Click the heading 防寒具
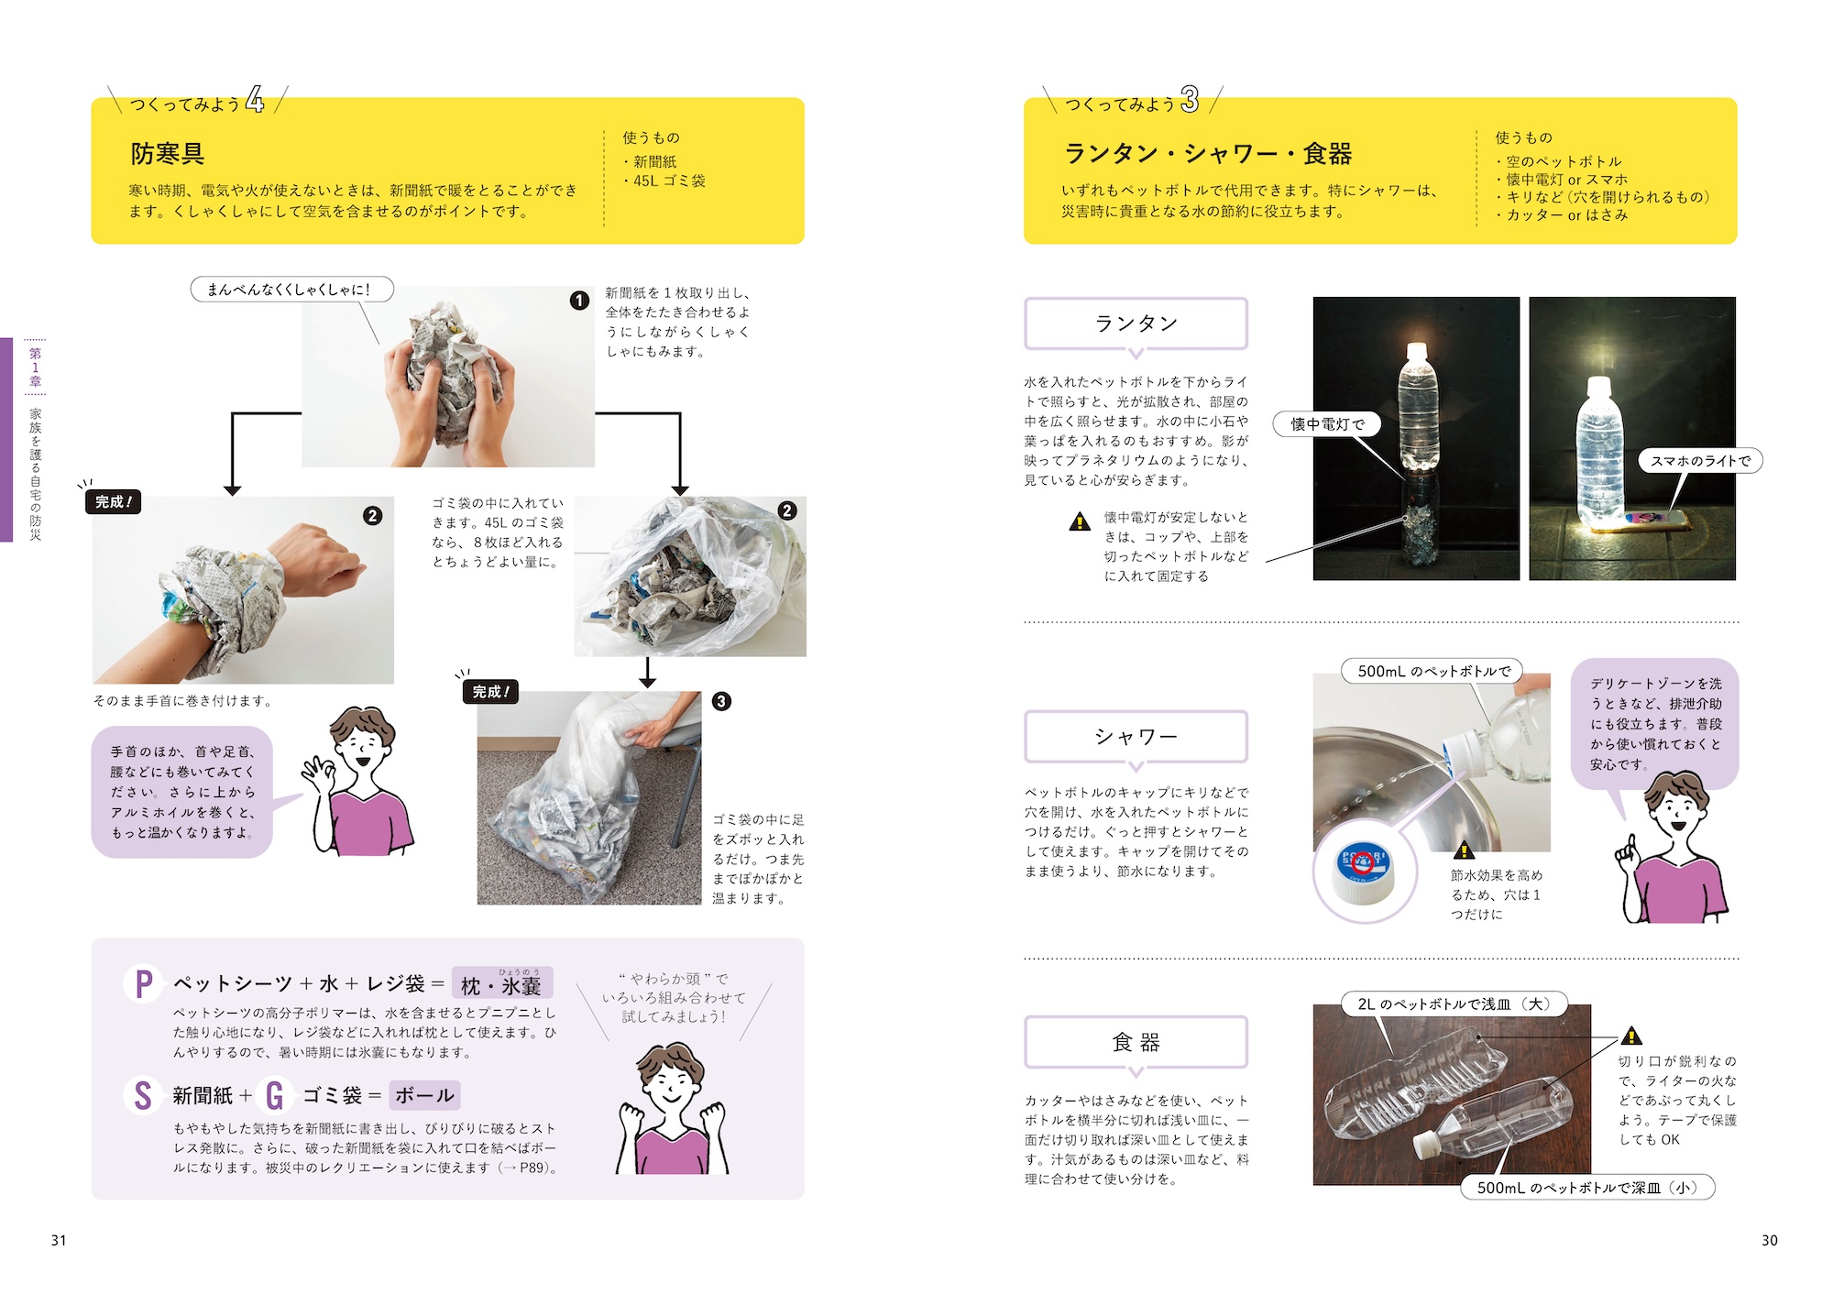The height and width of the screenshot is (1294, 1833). point(167,153)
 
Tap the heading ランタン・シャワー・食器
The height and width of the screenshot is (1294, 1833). point(1207,153)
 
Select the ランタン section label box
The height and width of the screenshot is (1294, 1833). point(1136,323)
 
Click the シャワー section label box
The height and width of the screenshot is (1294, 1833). point(1136,736)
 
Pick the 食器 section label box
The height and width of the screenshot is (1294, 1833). point(1136,1042)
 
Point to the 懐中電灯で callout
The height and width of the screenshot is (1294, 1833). point(1328,423)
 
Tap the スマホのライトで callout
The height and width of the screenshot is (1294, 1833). point(1700,461)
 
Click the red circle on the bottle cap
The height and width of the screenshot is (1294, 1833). point(1363,862)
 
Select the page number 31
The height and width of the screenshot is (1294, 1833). point(59,1240)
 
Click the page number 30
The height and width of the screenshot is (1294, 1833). point(1769,1240)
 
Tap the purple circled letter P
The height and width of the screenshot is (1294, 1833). point(143,984)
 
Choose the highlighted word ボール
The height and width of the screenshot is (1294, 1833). point(424,1095)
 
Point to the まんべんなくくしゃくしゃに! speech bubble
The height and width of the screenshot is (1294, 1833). point(291,290)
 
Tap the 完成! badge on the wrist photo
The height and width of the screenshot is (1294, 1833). point(114,502)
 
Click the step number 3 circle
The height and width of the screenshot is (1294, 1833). point(721,701)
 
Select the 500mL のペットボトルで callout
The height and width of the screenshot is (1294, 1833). point(1432,671)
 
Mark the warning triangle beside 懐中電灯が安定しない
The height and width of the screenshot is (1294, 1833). point(1080,521)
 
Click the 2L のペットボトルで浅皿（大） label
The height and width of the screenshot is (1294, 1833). point(1454,1003)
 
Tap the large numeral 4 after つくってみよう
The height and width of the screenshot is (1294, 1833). point(255,99)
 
